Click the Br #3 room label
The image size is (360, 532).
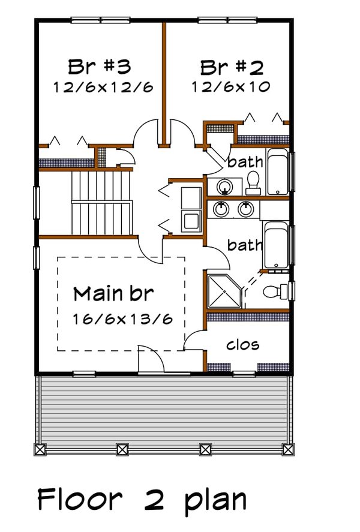point(100,65)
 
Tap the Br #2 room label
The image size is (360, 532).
point(231,65)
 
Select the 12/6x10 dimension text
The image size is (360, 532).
point(231,87)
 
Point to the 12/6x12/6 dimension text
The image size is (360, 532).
point(103,87)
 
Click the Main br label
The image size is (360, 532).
point(113,294)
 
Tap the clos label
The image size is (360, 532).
point(242,344)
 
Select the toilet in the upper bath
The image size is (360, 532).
point(253,183)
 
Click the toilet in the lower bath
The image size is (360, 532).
point(275,291)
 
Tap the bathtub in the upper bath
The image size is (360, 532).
point(278,172)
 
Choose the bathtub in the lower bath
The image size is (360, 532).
point(276,245)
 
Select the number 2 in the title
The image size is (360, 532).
point(152,499)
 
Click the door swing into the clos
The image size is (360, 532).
point(193,341)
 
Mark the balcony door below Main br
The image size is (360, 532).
point(150,360)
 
